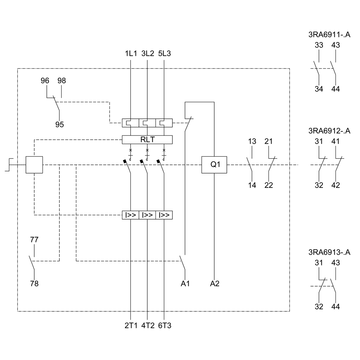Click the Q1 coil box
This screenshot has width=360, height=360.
215,165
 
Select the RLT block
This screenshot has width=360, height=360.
147,139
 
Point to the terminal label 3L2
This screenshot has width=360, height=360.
148,54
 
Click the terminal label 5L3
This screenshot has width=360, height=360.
165,54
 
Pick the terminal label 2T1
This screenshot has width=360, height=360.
131,326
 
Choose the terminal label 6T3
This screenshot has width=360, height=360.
165,326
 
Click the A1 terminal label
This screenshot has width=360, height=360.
185,284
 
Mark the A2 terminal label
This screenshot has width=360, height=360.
215,284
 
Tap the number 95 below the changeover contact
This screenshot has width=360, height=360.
59,125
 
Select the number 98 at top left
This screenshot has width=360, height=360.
62,81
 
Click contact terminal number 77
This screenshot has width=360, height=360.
34,240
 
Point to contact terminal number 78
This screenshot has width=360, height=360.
34,284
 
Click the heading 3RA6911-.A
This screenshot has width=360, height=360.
329,35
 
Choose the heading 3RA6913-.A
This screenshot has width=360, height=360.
329,252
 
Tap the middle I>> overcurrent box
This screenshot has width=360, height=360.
147,215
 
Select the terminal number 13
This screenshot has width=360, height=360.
252,141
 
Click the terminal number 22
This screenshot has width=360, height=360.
269,185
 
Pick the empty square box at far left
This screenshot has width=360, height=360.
34,165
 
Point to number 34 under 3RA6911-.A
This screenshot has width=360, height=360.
319,89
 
